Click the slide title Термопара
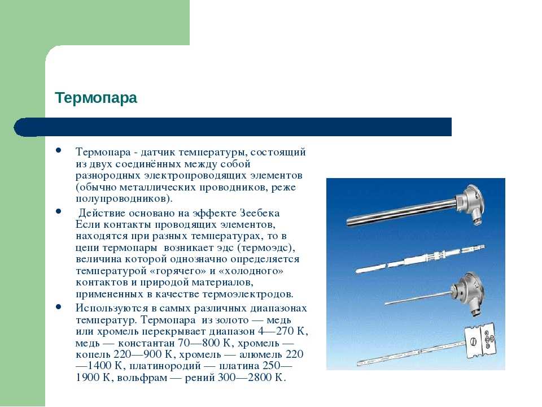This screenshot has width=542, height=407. click(x=96, y=98)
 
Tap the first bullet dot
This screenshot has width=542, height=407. click(x=58, y=150)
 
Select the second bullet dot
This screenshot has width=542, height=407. click(x=58, y=211)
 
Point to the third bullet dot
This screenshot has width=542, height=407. click(x=58, y=306)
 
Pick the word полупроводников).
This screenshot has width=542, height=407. click(x=124, y=199)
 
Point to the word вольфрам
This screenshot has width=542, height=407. click(x=142, y=378)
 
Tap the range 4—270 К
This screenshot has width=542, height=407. click(x=282, y=331)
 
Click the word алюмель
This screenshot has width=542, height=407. click(x=259, y=354)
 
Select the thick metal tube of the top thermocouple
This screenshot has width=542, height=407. click(x=401, y=213)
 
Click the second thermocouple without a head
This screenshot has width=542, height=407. click(x=420, y=258)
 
